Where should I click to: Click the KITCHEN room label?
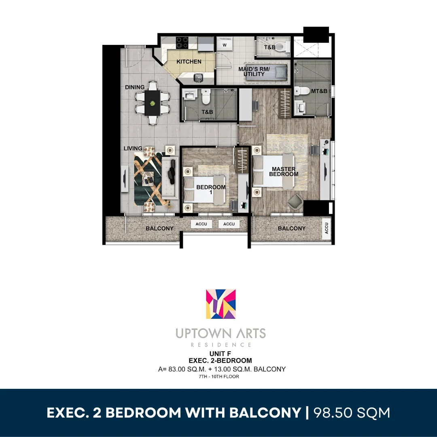click(x=189, y=62)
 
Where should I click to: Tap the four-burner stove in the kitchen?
click(x=182, y=43)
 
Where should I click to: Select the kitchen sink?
click(x=198, y=78)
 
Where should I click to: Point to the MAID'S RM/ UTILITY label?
click(x=254, y=72)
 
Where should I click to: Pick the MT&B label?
click(x=319, y=91)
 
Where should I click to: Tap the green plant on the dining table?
click(x=153, y=104)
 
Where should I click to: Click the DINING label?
click(x=135, y=87)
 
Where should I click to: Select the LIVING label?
click(x=133, y=148)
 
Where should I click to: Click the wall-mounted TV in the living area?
click(x=125, y=178)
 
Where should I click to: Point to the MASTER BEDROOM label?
click(x=283, y=172)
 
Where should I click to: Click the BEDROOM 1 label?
click(x=211, y=189)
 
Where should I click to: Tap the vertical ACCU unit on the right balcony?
click(x=327, y=228)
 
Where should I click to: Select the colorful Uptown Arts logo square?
click(x=221, y=304)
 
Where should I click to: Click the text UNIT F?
click(x=220, y=354)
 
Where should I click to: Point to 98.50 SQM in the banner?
click(x=352, y=413)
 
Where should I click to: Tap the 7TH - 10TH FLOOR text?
click(x=219, y=377)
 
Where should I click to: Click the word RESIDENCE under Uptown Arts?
click(x=221, y=345)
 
